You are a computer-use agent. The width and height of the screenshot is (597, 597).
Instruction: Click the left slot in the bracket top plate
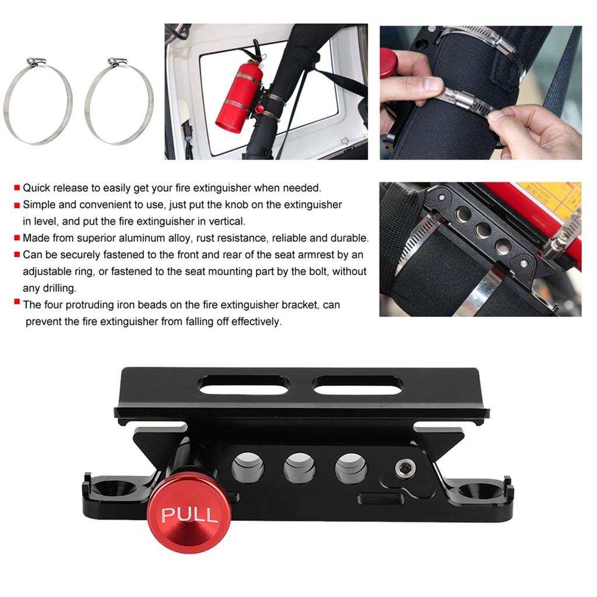[244, 384]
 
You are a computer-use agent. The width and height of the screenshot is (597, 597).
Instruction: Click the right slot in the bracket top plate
[357, 385]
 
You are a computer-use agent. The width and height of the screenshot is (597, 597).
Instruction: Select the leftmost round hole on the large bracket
[248, 467]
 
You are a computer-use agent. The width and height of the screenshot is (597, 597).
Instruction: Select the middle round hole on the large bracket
[300, 467]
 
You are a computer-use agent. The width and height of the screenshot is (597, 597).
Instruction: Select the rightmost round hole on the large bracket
[351, 467]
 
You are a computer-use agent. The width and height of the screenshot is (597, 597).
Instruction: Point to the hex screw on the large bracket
[402, 467]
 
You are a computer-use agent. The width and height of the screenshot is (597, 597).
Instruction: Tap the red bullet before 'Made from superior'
[17, 238]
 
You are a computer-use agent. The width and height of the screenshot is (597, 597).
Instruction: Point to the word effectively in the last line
[252, 322]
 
